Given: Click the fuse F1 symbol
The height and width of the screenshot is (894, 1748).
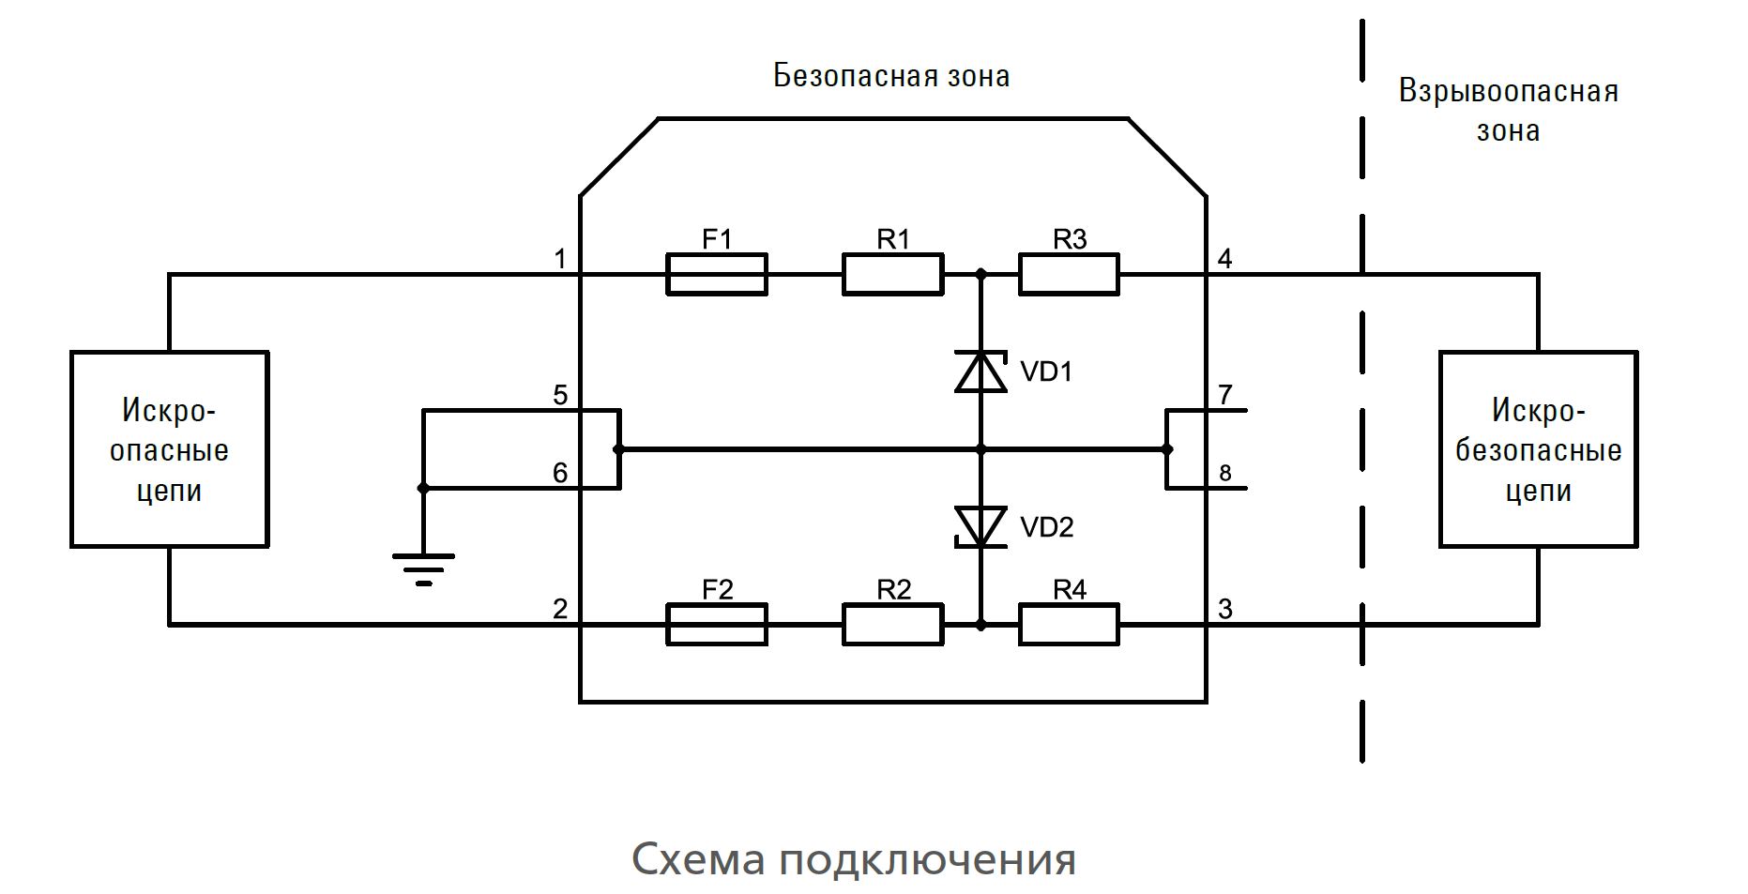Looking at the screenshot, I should pos(716,274).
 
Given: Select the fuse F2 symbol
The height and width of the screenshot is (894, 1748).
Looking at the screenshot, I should pos(716,624).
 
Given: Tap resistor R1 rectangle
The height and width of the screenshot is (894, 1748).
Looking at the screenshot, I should pos(892,274).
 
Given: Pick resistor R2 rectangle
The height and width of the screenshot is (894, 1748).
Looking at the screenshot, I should pos(892,624).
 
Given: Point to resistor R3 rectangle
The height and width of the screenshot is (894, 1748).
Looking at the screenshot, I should pos(1069,274).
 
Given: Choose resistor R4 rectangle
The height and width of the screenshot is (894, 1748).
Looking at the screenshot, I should pos(1069,624).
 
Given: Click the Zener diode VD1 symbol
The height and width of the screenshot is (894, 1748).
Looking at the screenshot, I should pos(980,371).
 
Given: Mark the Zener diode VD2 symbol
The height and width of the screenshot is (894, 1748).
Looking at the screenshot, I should pos(980,526).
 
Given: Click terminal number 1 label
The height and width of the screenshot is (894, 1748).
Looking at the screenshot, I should pos(560,258).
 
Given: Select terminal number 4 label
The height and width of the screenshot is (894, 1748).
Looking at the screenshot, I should pos(1224,258).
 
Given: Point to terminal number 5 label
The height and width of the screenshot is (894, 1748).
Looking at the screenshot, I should pos(560,395).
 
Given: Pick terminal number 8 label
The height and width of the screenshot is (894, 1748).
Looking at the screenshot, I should pos(1225,474).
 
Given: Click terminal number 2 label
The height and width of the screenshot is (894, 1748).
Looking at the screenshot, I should pos(560,609).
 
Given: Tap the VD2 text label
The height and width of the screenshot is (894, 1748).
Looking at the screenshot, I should pos(1046,527).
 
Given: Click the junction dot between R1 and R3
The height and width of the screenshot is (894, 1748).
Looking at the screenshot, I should pos(980,274).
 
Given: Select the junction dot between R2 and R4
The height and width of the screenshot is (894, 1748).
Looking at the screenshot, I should pos(980,624).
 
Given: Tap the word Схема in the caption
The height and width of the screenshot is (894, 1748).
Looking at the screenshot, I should pos(698,858).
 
